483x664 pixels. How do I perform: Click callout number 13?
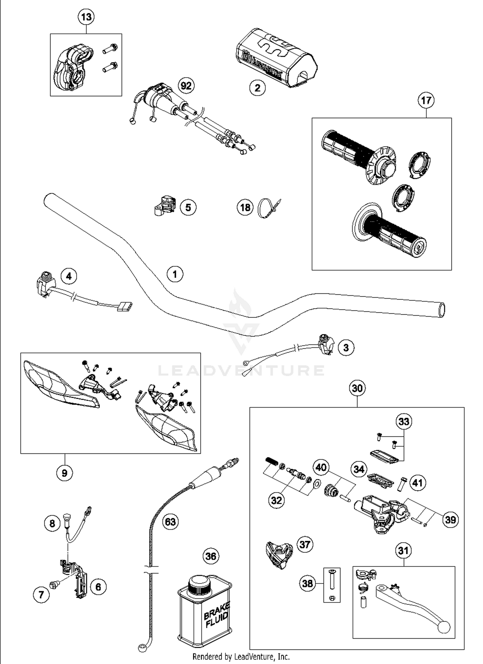86,17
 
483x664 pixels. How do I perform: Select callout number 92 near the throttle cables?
186,86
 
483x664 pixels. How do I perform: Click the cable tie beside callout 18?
269,209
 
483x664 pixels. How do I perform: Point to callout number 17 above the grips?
426,100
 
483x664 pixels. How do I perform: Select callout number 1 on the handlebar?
175,274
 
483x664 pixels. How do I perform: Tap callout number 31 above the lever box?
403,550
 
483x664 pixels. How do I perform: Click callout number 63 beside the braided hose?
170,521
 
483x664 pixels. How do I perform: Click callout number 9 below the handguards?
64,473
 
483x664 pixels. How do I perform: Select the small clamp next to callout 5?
164,206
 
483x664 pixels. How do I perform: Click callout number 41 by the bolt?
417,483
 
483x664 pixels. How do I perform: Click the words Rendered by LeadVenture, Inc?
241,656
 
